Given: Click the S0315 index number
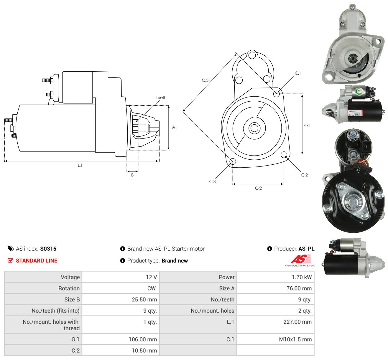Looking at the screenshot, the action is [48, 249].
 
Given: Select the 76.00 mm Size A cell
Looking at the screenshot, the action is [299, 288].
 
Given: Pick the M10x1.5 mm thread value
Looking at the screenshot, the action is [295, 339].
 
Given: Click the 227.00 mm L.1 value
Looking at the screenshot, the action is [297, 322].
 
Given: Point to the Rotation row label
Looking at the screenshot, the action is [69, 288].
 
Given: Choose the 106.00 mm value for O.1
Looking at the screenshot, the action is [143, 339].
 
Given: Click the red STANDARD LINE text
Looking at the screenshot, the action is [37, 260].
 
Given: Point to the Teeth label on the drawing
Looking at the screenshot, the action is [161, 98].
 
